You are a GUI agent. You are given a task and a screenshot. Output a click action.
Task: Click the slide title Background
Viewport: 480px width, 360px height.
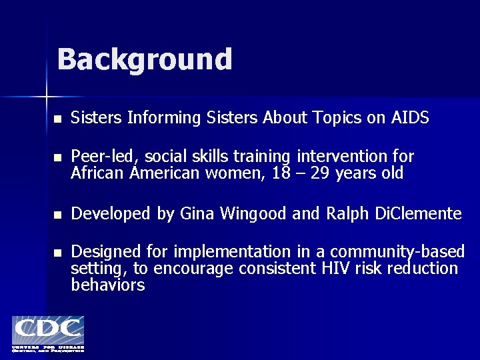click(x=145, y=59)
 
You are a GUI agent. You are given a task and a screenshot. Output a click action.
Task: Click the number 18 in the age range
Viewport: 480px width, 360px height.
click(x=273, y=173)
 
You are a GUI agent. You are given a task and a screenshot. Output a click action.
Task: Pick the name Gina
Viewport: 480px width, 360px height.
click(x=195, y=214)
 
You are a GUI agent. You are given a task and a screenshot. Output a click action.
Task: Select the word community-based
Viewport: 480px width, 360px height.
click(x=397, y=252)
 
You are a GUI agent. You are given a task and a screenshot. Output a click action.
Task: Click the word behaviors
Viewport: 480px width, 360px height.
click(x=107, y=285)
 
